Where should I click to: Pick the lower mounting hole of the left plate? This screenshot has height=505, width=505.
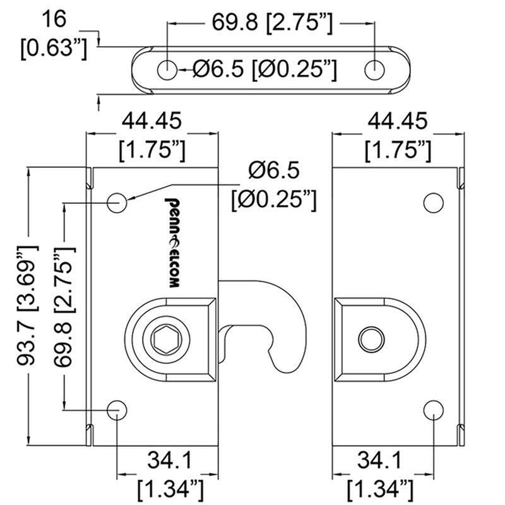coord(117,410)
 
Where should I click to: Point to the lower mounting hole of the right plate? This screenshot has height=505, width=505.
coord(432,410)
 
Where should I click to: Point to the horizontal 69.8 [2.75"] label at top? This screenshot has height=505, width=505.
coord(270,23)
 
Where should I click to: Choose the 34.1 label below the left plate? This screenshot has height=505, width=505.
coord(169,470)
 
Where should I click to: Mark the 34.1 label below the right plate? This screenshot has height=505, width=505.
coord(380,470)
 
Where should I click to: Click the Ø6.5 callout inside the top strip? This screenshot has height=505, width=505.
coord(263,70)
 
